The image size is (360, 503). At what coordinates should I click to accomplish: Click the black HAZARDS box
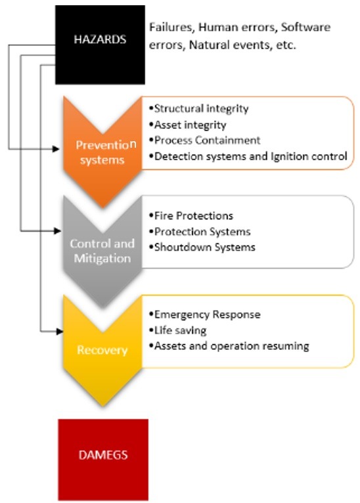click(x=100, y=45)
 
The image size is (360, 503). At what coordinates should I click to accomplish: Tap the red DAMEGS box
click(x=103, y=460)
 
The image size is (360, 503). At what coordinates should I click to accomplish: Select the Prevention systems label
click(x=106, y=152)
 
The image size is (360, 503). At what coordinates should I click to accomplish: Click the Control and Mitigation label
click(x=102, y=251)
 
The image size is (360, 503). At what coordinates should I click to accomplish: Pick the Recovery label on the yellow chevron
click(x=102, y=349)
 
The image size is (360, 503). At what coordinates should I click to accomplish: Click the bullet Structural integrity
click(x=199, y=108)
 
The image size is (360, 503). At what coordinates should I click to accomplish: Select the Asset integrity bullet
click(x=188, y=125)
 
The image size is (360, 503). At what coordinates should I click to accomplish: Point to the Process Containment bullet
click(x=205, y=140)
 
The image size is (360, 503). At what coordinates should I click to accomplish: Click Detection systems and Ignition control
click(x=248, y=156)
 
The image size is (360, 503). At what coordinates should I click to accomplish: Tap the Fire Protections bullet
click(x=191, y=215)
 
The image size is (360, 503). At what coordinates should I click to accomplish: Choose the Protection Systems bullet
click(x=200, y=231)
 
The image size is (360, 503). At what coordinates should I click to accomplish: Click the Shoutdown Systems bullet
click(x=202, y=247)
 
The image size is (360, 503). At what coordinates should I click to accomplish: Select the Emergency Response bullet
click(x=205, y=315)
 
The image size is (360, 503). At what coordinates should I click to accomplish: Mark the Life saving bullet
click(x=178, y=330)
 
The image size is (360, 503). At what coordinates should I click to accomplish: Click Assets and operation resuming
click(x=229, y=346)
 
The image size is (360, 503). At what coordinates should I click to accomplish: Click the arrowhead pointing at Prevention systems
click(x=56, y=148)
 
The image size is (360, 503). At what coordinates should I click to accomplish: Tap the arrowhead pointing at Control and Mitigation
click(x=58, y=230)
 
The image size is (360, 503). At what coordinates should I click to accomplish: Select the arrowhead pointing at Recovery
click(x=60, y=332)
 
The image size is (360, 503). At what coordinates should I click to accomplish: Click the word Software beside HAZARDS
click(x=305, y=27)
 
